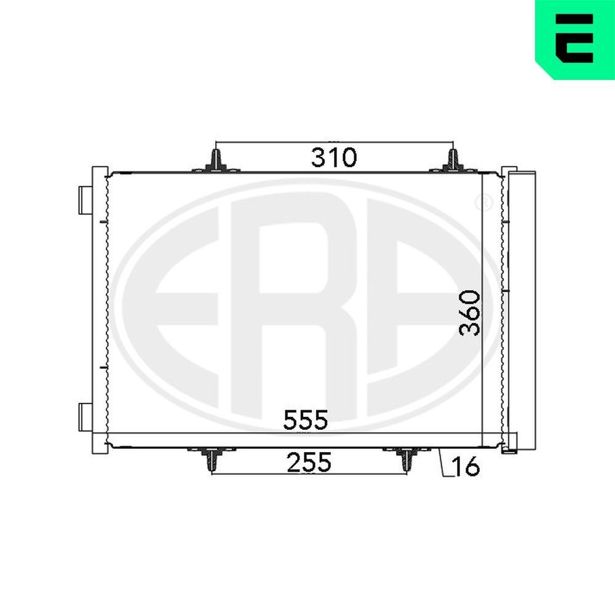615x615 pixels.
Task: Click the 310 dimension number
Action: (x=333, y=158)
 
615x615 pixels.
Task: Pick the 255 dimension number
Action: (x=308, y=462)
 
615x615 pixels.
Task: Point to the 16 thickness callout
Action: (x=465, y=467)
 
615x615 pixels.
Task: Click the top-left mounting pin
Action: (x=215, y=161)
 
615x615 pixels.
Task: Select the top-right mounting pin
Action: (x=452, y=161)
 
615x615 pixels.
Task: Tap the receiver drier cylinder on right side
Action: (x=520, y=307)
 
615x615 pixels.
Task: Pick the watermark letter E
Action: (x=184, y=307)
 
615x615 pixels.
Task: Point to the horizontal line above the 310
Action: (x=333, y=142)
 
